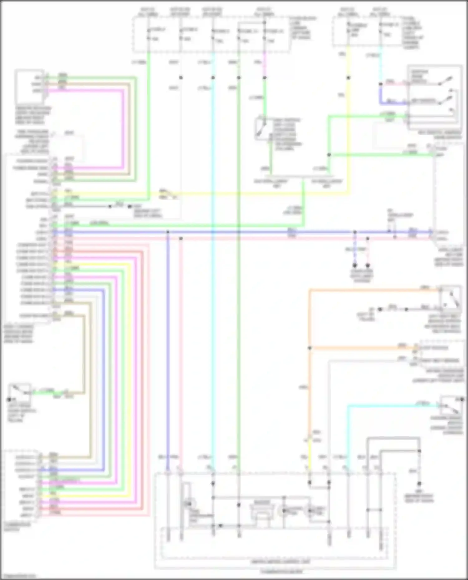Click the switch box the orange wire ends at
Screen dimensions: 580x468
pos(450,298)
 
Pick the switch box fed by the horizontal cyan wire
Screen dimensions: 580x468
pos(451,405)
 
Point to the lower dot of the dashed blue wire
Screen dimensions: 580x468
pos(355,266)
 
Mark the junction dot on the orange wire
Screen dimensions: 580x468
pos(310,348)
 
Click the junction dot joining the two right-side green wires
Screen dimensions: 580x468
pos(329,155)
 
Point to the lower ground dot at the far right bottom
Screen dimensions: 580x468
pos(419,484)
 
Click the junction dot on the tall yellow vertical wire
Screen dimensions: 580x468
pos(348,78)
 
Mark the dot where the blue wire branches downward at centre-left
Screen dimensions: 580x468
pos(168,232)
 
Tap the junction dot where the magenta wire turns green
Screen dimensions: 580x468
pos(265,78)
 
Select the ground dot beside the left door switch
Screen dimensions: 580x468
pos(9,399)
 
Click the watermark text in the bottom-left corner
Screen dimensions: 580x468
pos(18,576)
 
